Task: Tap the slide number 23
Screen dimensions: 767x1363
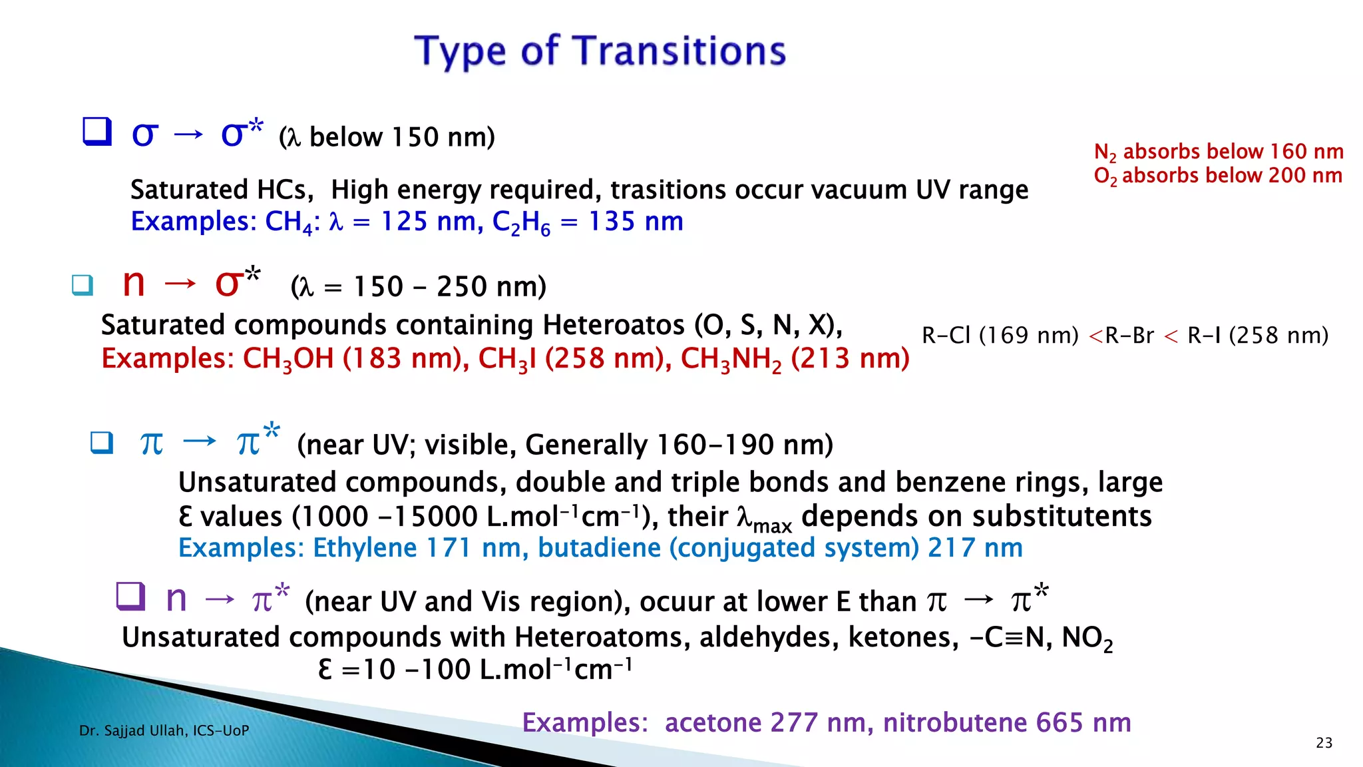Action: (x=1324, y=743)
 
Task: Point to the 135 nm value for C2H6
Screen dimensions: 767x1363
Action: (x=636, y=222)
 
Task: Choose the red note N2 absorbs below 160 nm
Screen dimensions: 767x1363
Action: (x=1219, y=152)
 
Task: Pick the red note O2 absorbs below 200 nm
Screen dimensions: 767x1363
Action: (x=1218, y=176)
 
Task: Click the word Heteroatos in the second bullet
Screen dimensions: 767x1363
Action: (x=614, y=326)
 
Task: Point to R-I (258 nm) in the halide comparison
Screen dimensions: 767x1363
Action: (x=1258, y=336)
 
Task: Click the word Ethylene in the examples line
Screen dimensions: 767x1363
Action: (x=365, y=548)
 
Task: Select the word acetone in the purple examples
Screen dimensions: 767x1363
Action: (x=713, y=723)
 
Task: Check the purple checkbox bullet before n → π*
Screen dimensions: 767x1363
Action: (x=130, y=596)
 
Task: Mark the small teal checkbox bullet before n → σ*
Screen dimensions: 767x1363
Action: (x=83, y=286)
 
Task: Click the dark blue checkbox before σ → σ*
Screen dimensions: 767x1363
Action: (x=97, y=131)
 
